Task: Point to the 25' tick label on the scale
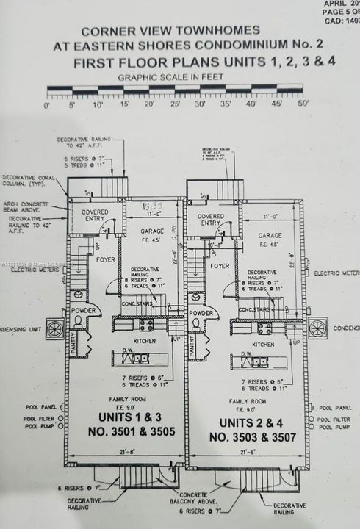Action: (176, 105)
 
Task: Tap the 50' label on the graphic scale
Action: (303, 105)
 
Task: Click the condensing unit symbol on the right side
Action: (317, 328)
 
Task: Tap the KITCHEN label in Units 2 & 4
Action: (262, 344)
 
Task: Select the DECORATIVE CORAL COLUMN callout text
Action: (23, 181)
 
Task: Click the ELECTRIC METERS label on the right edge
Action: (336, 273)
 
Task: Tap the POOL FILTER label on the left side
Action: (40, 417)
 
